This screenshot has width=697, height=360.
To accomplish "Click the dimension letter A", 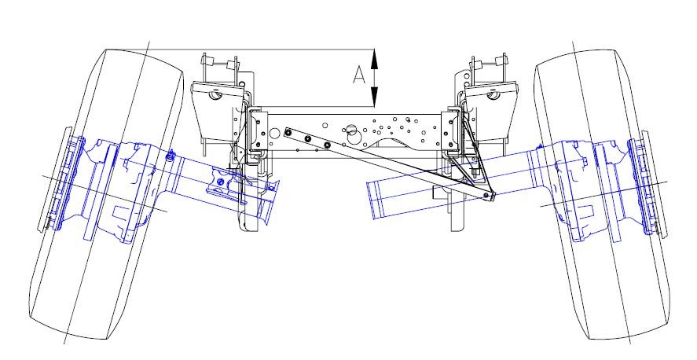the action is [x=359, y=75].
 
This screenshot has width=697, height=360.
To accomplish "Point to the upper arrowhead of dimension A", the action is [x=374, y=59].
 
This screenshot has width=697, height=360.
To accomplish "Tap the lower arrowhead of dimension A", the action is [x=374, y=97].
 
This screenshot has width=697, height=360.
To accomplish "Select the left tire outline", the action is [x=107, y=194].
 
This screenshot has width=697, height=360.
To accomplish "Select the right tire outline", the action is [x=603, y=194].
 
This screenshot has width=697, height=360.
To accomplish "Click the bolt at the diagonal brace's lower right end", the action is [x=490, y=195].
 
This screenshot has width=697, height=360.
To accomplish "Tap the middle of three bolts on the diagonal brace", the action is [x=307, y=139].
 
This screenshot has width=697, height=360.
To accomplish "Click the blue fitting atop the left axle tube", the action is [x=170, y=156].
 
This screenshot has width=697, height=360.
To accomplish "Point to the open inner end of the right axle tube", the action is [x=374, y=200].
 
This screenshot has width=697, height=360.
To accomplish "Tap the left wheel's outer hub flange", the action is [x=60, y=178].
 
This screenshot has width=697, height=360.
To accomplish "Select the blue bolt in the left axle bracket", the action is [x=219, y=182].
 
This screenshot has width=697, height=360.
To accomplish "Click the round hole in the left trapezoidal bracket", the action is [x=215, y=94].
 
